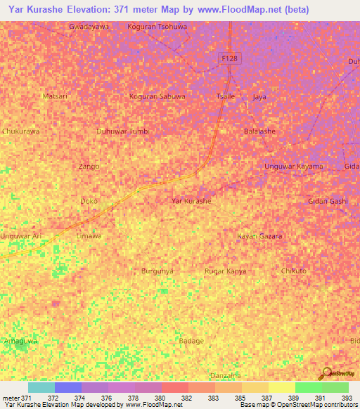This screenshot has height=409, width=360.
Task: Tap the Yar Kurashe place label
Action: click(191, 201)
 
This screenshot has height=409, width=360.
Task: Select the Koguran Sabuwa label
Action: click(157, 96)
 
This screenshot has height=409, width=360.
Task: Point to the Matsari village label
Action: click(56, 96)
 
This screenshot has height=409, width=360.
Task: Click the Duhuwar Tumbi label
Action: click(122, 131)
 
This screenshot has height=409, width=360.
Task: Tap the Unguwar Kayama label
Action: click(293, 167)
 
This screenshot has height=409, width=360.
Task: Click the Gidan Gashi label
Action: click(328, 201)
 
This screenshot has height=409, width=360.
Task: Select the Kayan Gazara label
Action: click(259, 236)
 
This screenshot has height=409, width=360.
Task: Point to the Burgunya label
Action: click(157, 271)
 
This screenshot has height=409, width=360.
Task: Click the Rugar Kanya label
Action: click(225, 271)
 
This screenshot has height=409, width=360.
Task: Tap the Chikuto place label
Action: click(293, 271)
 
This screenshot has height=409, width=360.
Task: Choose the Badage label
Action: click(191, 341)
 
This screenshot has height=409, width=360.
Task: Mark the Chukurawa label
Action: click(20, 131)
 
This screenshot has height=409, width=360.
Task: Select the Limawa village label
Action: click(89, 236)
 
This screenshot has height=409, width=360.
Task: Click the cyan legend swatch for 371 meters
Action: click(41, 387)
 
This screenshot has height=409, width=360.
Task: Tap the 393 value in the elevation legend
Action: click(347, 398)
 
